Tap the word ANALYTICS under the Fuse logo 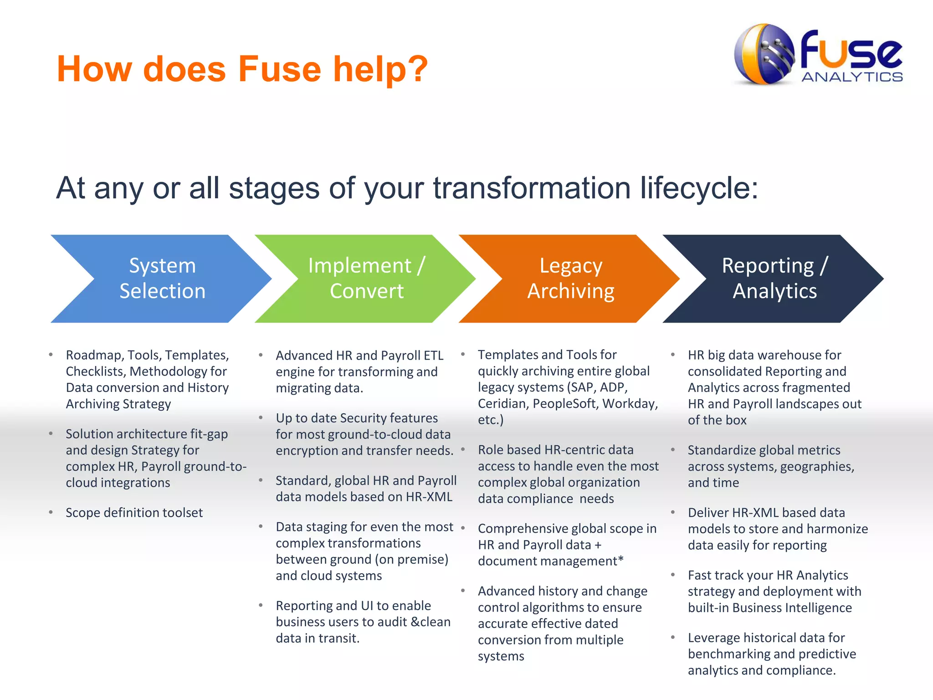[852, 77]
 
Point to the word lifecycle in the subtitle [699, 188]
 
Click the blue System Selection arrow [162, 278]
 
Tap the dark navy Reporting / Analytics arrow [774, 278]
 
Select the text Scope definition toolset [134, 513]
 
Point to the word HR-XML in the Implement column [429, 497]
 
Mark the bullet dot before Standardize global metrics [673, 450]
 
